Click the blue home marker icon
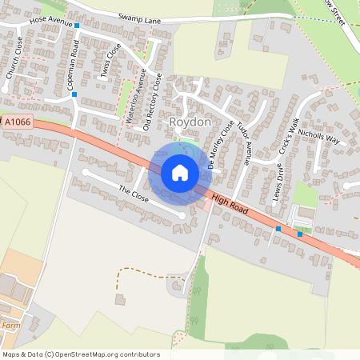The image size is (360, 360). click(180, 172)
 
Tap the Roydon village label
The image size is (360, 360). click(189, 122)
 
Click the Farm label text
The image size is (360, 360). click(10, 326)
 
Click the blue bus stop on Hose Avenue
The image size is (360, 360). click(78, 26)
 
